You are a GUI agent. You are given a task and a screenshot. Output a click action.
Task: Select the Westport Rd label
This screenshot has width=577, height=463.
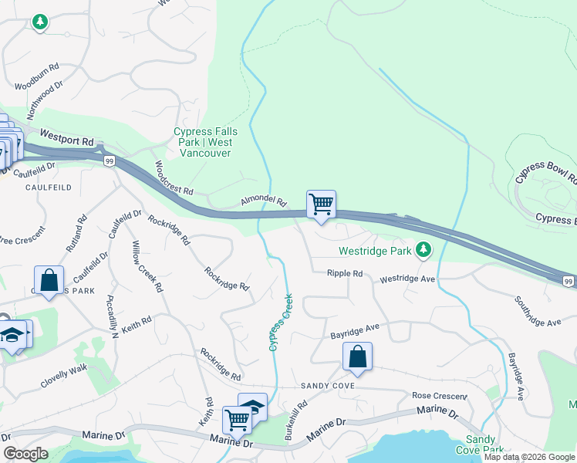point(67,138)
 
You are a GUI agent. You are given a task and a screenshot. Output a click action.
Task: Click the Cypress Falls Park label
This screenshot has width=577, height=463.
point(205,142)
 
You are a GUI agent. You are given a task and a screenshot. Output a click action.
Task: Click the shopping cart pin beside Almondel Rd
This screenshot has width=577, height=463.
point(321,205)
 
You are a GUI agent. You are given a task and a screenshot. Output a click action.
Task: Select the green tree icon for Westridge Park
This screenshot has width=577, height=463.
point(423,249)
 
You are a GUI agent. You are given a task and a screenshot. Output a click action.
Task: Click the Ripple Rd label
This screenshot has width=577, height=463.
point(344,273)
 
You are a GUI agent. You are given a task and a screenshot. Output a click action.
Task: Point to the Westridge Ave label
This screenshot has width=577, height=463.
point(408,278)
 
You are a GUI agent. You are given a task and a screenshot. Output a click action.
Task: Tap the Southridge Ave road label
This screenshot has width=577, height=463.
point(538,310)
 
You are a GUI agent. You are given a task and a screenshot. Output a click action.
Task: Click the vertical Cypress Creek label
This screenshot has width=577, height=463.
point(282,322)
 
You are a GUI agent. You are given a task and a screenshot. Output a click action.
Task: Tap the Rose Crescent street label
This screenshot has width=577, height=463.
point(440,396)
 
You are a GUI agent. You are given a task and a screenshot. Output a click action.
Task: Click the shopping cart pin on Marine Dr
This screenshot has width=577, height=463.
point(237,420)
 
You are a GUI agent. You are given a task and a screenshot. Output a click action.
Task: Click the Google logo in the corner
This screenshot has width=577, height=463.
point(25,454)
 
